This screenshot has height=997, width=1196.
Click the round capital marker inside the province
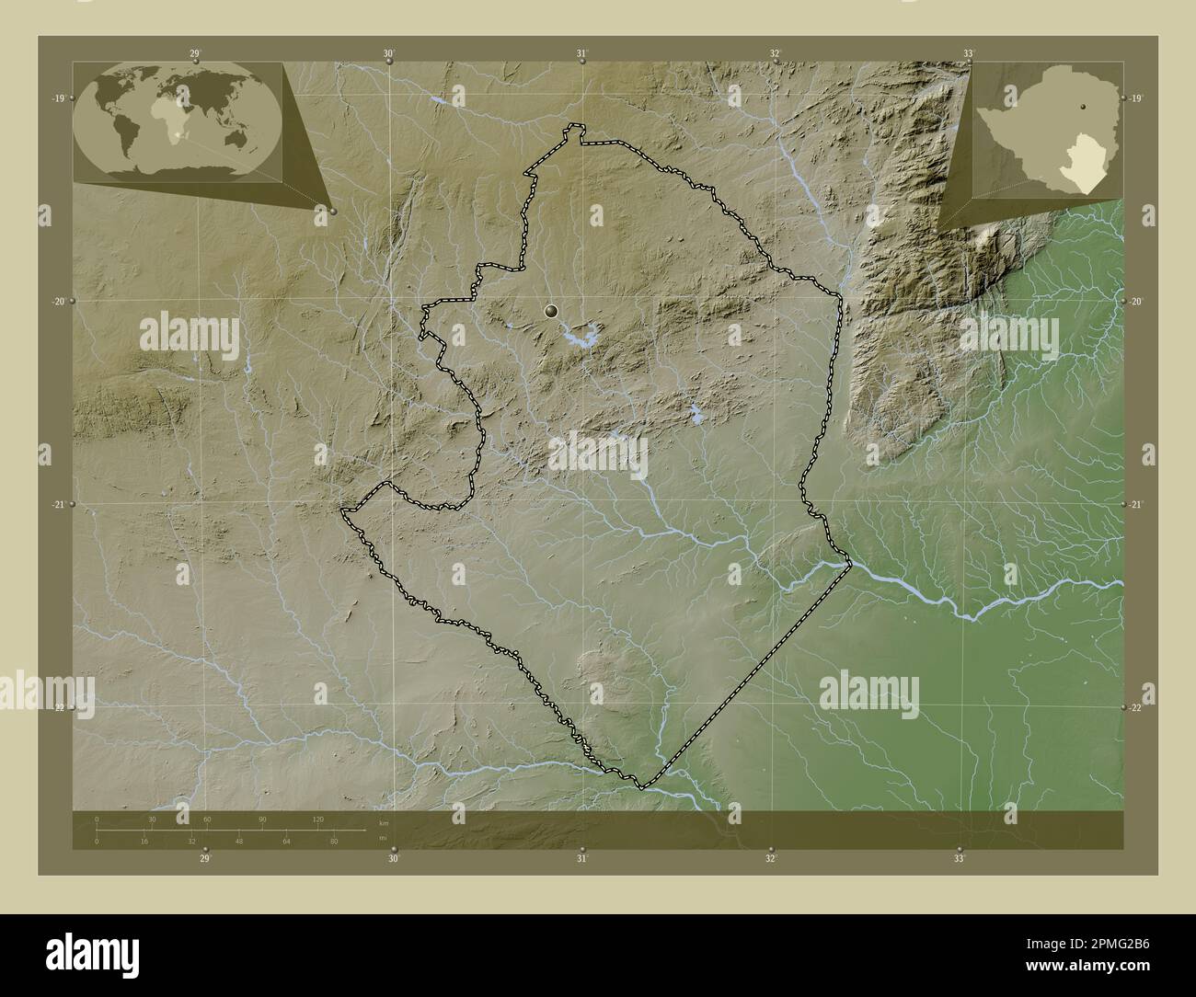pos(551,312)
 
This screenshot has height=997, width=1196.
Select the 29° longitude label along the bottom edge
pos(205,859)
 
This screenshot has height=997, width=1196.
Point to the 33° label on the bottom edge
pos(959,859)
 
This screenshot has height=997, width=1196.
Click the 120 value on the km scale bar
pos(317,819)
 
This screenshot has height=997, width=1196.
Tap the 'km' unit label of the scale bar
pos(383,822)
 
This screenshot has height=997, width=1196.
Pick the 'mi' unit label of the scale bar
pos(381,837)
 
